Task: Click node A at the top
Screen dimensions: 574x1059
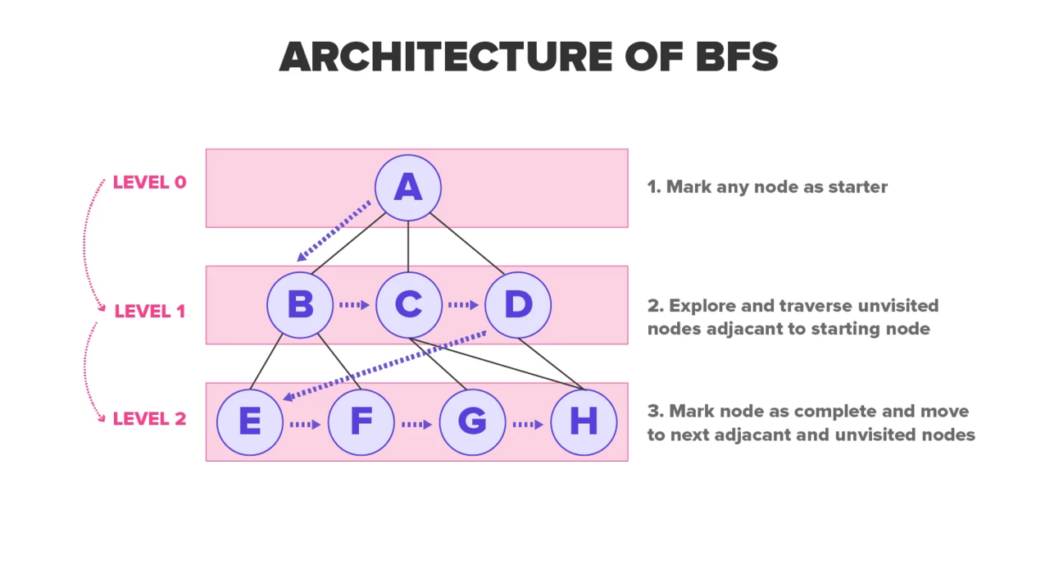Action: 407,188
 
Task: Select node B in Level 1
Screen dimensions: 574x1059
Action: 300,305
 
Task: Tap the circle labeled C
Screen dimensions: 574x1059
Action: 408,305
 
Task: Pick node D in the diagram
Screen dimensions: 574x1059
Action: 517,305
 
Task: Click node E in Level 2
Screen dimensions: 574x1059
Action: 250,422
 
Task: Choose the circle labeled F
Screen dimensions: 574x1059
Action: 361,422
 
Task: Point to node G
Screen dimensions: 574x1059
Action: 472,422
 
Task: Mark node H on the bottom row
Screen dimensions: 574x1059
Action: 583,422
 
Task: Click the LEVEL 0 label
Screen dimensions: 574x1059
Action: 149,183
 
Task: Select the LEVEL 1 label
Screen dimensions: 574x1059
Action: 149,312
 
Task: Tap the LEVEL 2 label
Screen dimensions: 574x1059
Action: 149,419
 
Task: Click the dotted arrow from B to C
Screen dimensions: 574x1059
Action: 354,305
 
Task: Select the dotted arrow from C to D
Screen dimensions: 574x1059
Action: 463,305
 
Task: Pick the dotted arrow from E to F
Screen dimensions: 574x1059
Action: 305,424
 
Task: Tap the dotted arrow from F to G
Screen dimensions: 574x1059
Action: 416,424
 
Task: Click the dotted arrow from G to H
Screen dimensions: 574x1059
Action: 528,424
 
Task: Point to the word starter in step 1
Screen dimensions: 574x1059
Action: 857,187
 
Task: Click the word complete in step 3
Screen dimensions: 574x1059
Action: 835,411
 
